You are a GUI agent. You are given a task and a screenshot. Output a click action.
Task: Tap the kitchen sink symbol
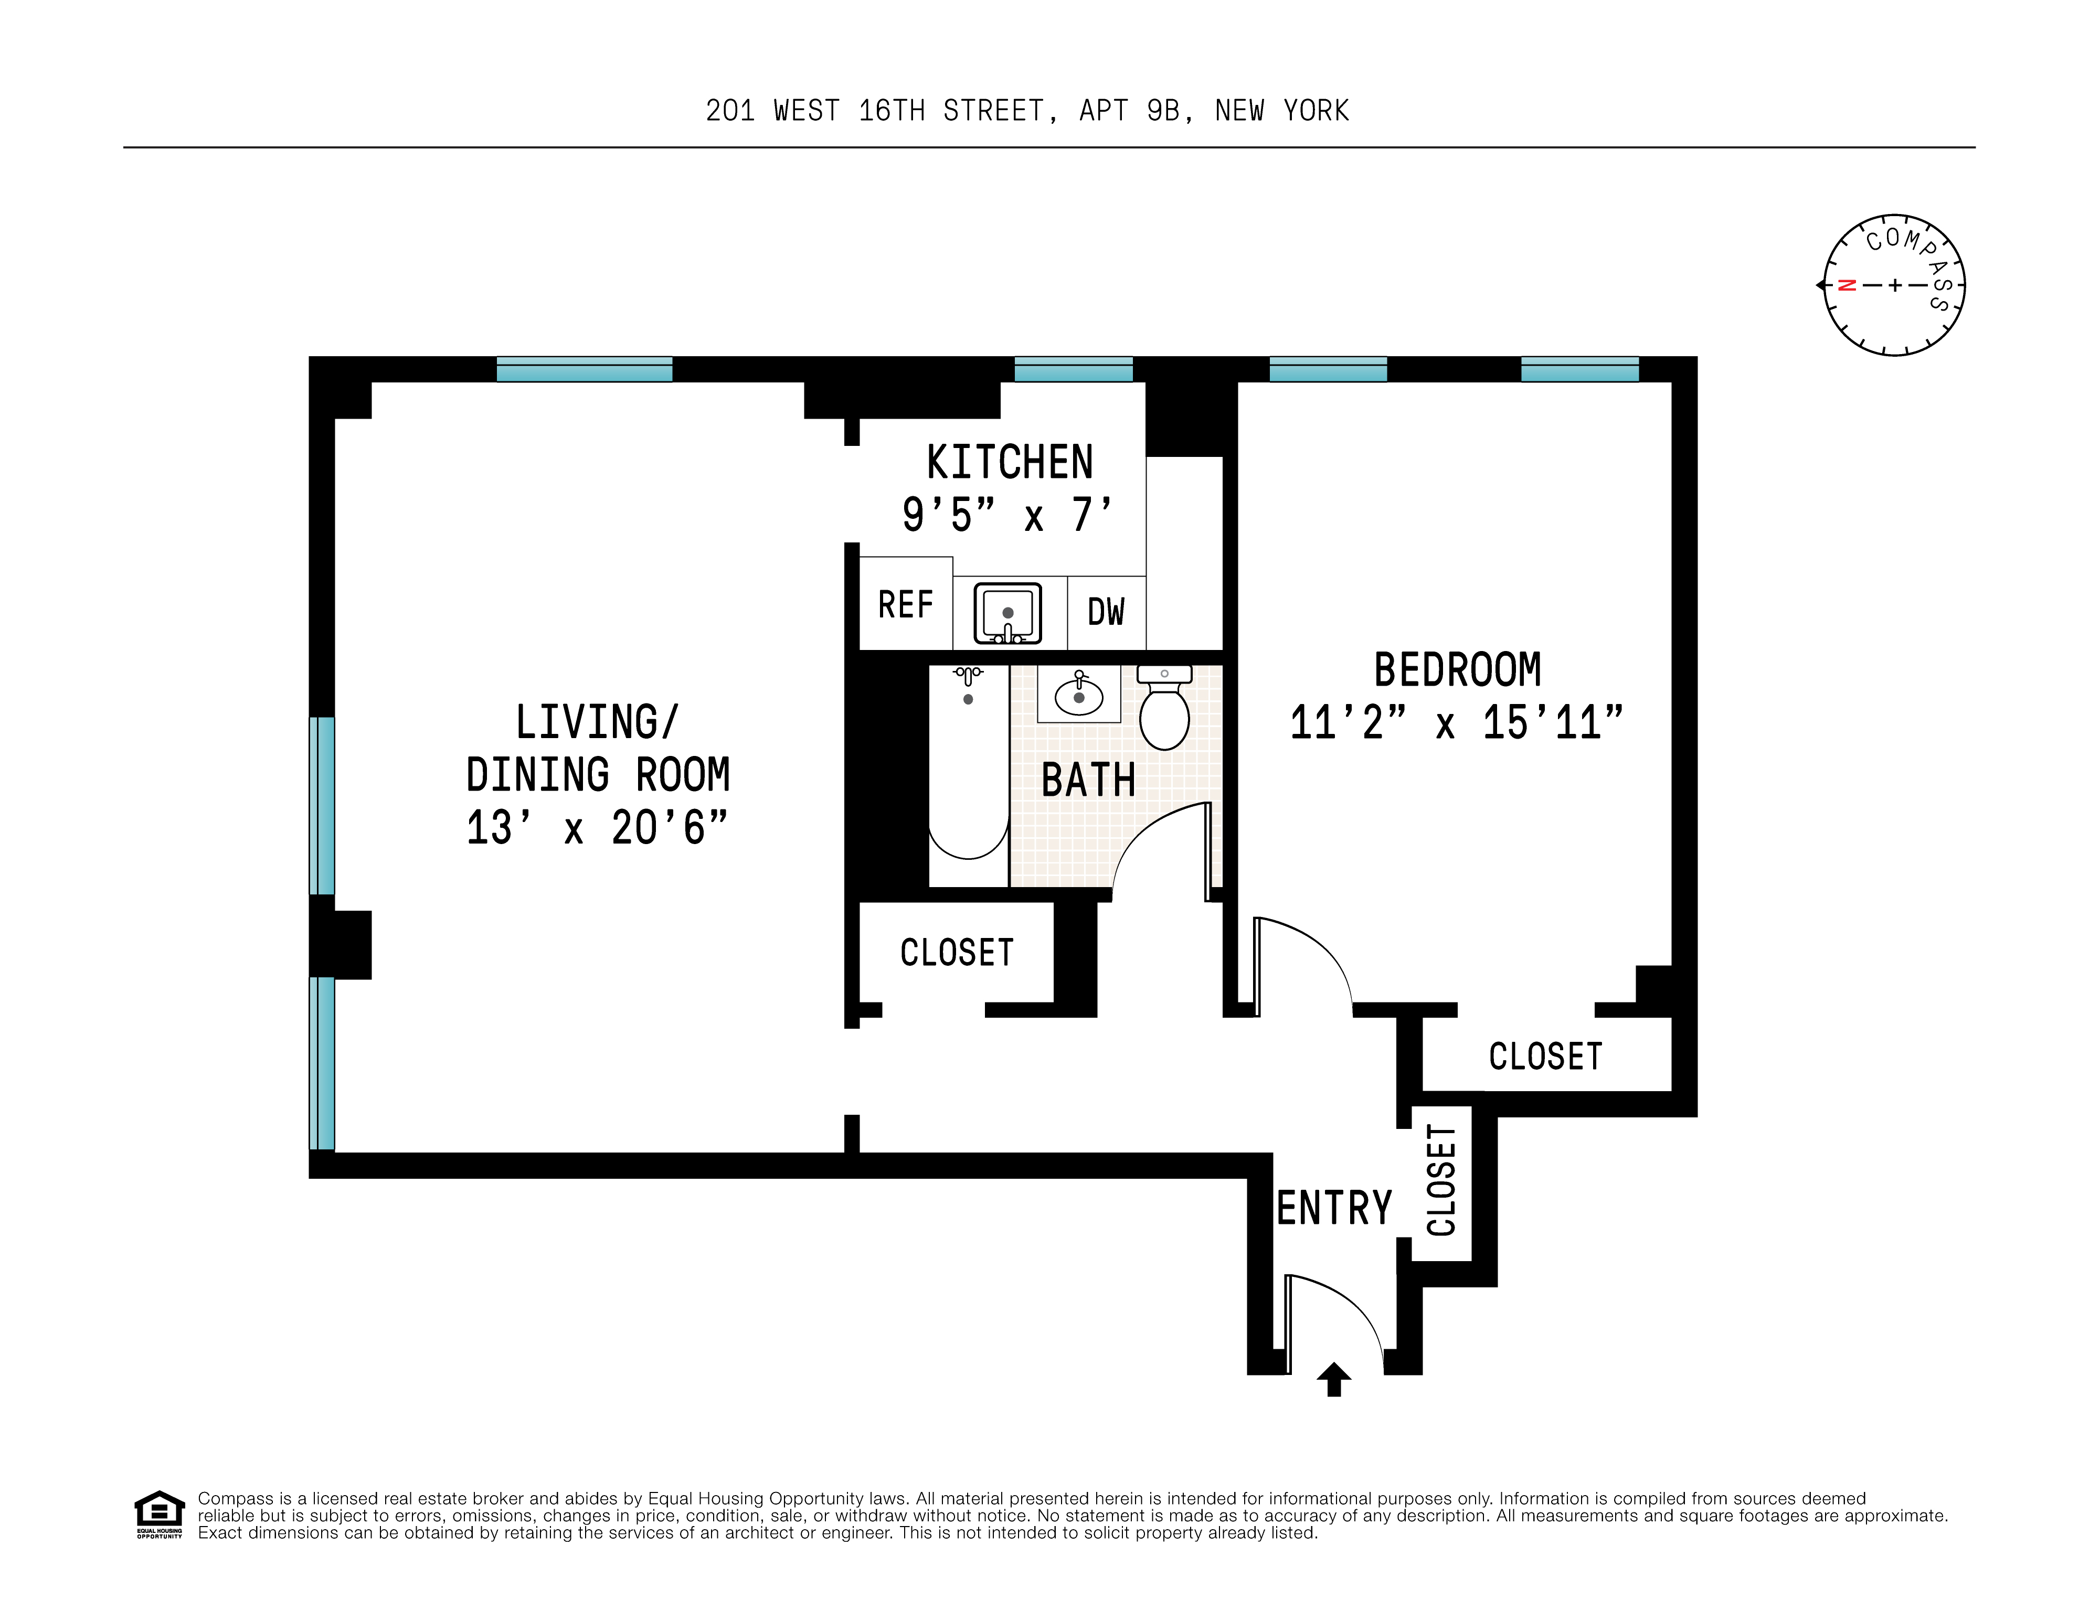point(1007,612)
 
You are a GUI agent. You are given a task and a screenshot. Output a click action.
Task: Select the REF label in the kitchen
point(906,605)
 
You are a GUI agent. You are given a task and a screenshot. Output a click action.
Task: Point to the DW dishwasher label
point(1106,612)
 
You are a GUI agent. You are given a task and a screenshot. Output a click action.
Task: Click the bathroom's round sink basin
point(1079,696)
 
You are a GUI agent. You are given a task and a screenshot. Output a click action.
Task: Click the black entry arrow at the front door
point(1334,1379)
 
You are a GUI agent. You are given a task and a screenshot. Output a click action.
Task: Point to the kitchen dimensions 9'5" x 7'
point(1007,515)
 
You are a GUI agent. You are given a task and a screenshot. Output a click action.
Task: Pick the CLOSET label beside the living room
point(957,953)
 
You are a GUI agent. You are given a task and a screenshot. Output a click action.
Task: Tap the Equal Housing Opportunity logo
point(158,1515)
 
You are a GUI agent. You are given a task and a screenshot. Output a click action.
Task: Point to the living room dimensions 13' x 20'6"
point(597,828)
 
